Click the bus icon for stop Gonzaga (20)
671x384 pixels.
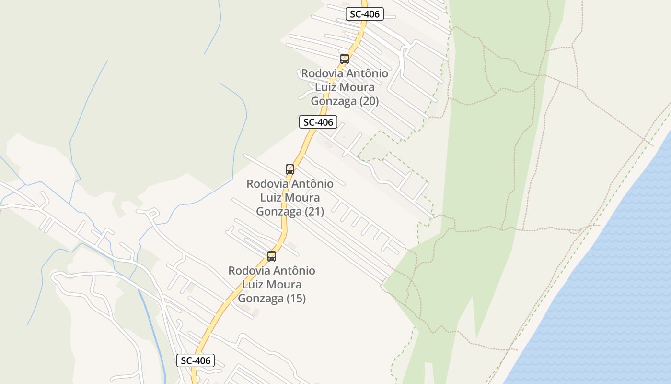tap(345, 59)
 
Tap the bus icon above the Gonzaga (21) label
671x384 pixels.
tap(290, 169)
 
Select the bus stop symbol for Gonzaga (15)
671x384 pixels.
tap(272, 256)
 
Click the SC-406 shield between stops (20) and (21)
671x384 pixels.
tap(318, 122)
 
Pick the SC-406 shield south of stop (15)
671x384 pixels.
tap(196, 360)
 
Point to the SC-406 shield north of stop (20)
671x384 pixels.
tap(365, 14)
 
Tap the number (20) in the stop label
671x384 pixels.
tap(369, 101)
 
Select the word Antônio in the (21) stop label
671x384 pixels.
tap(312, 184)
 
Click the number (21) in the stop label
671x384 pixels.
tap(314, 211)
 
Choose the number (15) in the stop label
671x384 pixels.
tap(296, 299)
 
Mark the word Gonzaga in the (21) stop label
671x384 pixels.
tap(279, 211)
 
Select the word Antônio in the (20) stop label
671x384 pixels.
tap(367, 74)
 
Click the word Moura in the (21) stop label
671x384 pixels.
tap(304, 198)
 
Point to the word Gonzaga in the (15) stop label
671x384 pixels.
tap(261, 299)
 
